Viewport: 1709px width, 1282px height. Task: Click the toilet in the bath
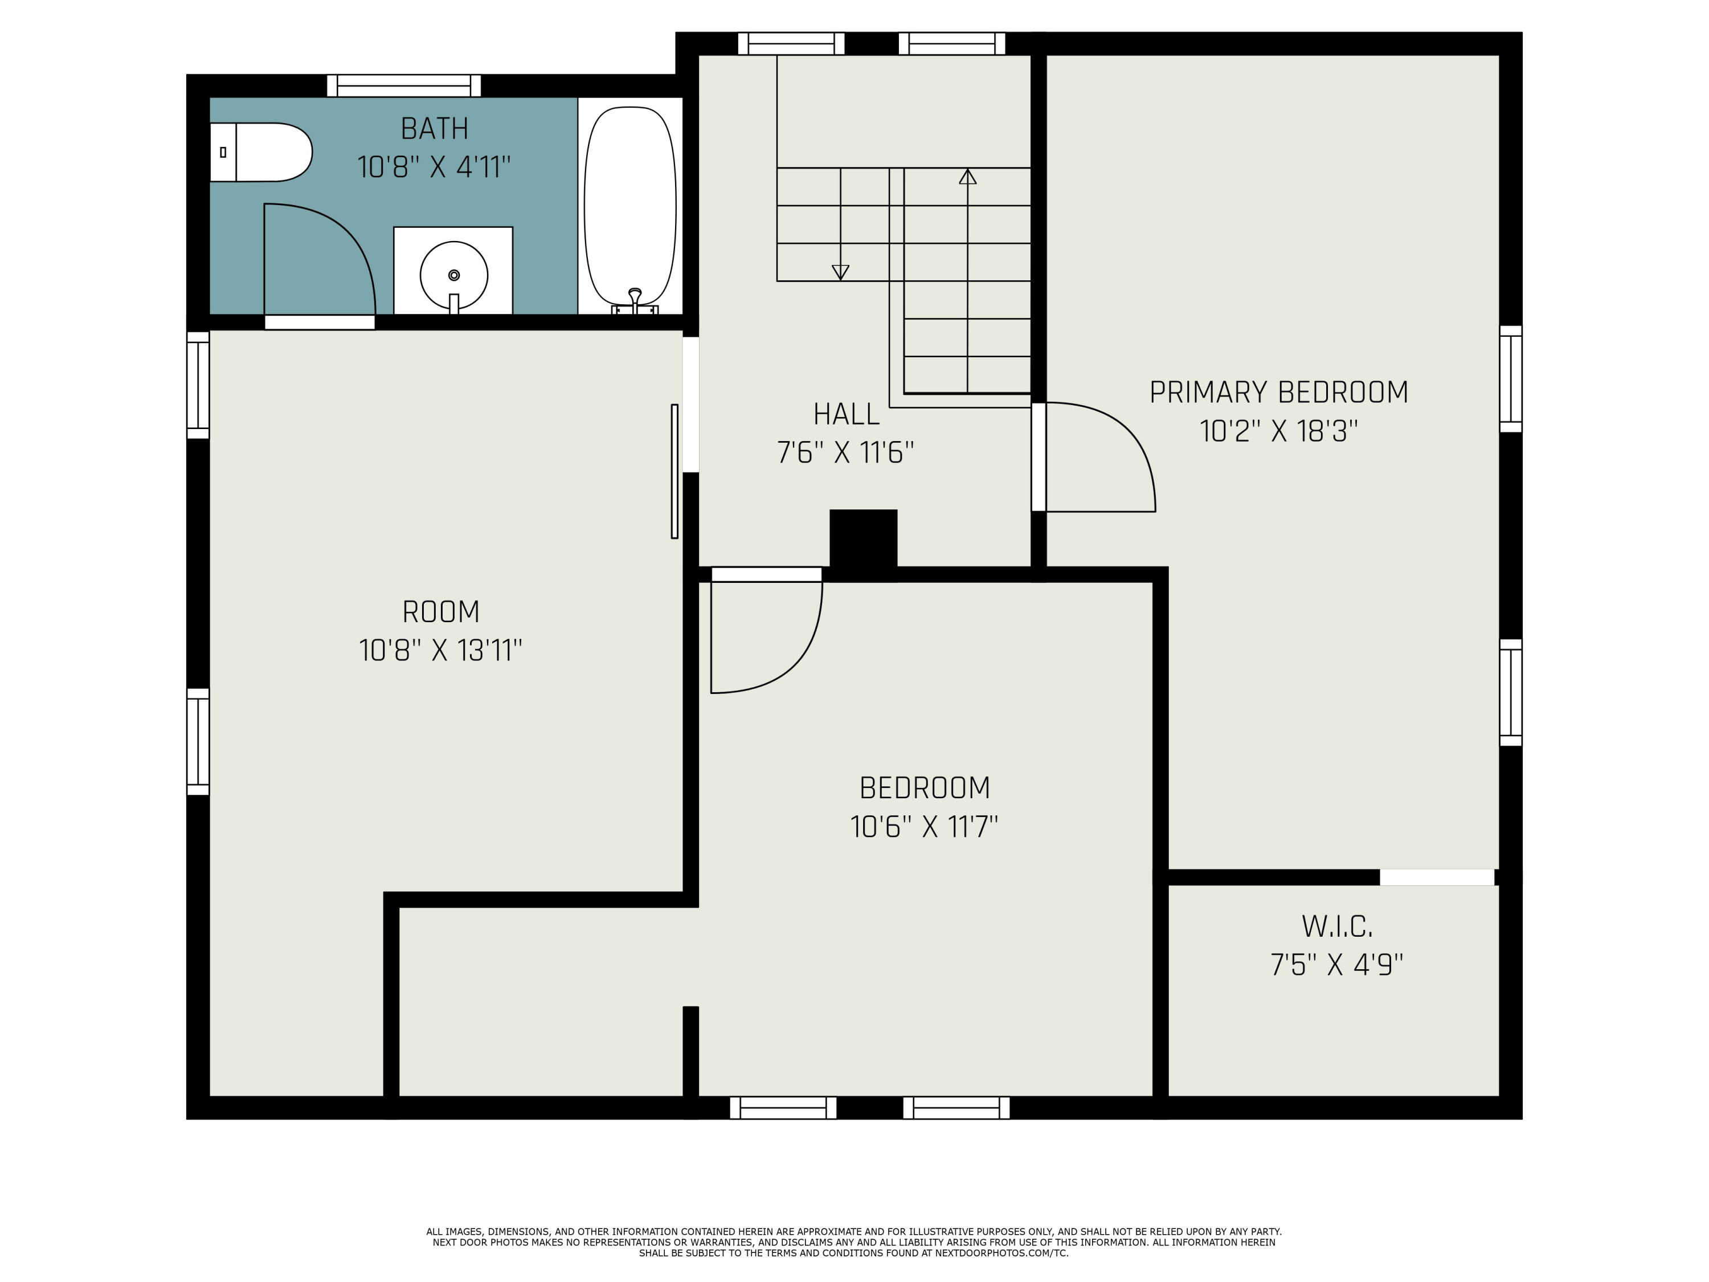click(x=261, y=152)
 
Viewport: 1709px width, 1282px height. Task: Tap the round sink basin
click(x=453, y=275)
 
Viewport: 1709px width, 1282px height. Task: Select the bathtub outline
click(x=631, y=206)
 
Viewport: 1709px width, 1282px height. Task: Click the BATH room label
click(x=434, y=128)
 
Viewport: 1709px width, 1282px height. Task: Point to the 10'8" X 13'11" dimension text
click(x=440, y=651)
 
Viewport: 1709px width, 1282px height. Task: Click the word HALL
click(x=846, y=414)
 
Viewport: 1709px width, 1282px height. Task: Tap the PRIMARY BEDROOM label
click(x=1279, y=393)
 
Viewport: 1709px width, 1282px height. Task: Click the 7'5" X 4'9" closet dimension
click(x=1336, y=965)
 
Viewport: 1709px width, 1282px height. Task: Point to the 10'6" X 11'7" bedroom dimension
click(x=924, y=827)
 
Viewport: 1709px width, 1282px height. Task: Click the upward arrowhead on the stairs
click(x=967, y=177)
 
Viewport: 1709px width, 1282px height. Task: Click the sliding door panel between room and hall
click(x=674, y=471)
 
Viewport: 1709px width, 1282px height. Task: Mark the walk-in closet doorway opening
click(x=1437, y=877)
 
